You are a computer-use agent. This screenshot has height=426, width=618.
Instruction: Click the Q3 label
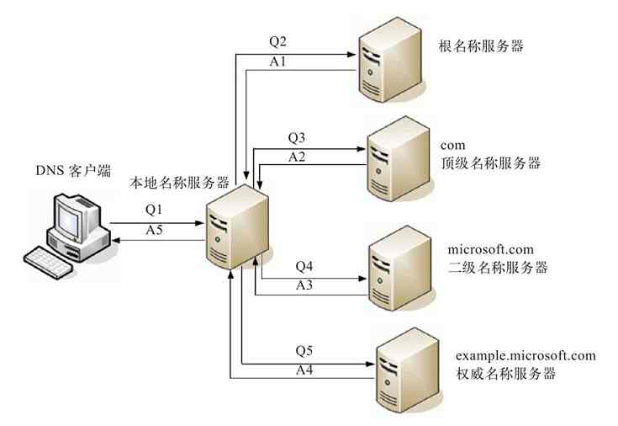coord(298,137)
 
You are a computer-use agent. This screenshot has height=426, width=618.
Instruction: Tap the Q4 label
coord(305,266)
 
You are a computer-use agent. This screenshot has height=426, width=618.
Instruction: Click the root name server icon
coord(388,61)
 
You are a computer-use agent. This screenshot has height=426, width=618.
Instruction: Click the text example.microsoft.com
coord(526,355)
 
